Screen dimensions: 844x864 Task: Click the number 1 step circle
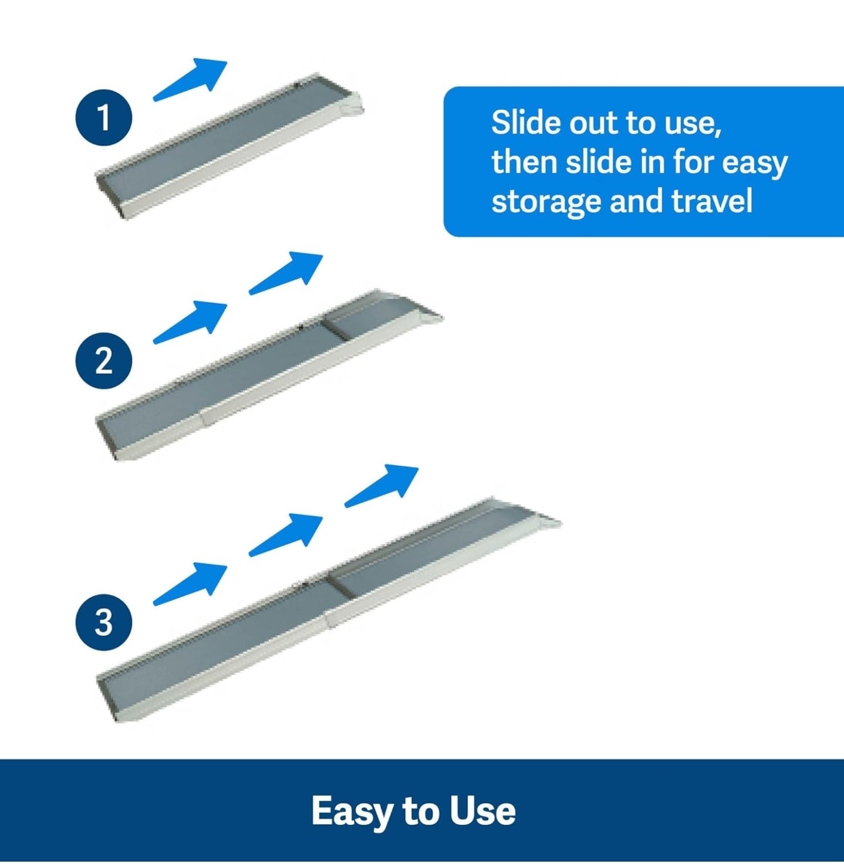pyautogui.click(x=104, y=118)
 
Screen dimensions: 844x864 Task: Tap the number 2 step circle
pyautogui.click(x=104, y=361)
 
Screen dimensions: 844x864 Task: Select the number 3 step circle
pyautogui.click(x=104, y=622)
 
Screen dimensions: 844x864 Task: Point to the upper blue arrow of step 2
pyautogui.click(x=286, y=273)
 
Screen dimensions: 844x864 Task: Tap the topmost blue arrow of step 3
pyautogui.click(x=382, y=486)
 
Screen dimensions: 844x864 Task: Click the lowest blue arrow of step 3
pyautogui.click(x=190, y=584)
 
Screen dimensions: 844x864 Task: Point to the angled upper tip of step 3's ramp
pyautogui.click(x=544, y=514)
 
